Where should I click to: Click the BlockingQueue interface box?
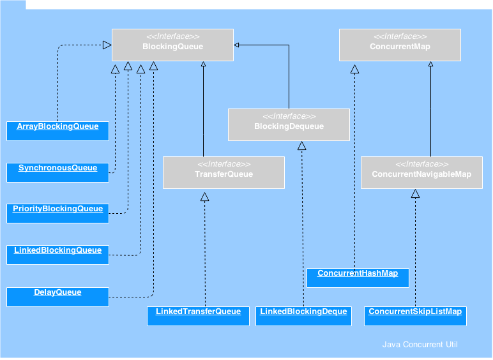click(172, 45)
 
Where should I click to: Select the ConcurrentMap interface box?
click(400, 45)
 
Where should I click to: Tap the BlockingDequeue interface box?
click(289, 124)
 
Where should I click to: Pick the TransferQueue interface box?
click(224, 172)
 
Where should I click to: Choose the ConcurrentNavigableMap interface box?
click(421, 172)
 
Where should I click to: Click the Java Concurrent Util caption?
click(420, 345)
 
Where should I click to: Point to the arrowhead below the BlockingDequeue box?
click(302, 146)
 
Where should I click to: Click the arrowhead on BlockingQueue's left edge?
click(107, 45)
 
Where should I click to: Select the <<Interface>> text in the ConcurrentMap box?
click(400, 37)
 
